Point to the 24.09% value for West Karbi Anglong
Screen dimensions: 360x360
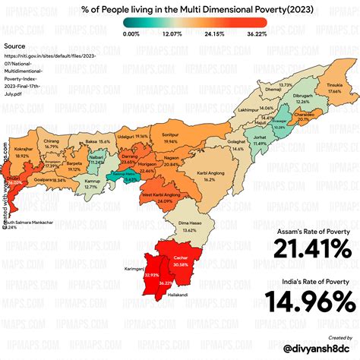pos(164,201)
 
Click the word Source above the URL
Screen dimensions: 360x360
pos(15,46)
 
